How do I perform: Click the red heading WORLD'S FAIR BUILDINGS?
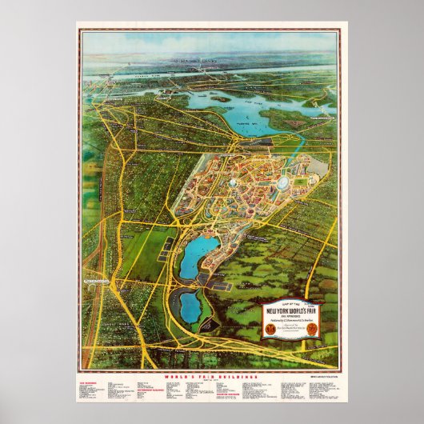click(x=211, y=374)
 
